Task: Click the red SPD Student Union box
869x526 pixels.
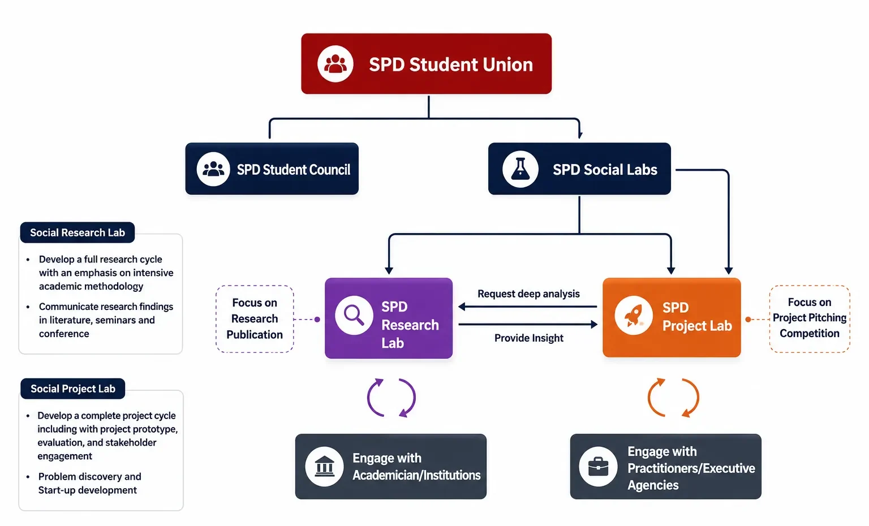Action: (x=426, y=63)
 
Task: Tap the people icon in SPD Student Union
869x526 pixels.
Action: (x=335, y=63)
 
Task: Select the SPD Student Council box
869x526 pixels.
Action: (x=272, y=169)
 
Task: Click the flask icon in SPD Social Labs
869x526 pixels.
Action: (x=520, y=169)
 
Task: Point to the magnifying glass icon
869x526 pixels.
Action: (x=354, y=315)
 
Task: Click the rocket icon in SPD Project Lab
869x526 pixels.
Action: (x=634, y=315)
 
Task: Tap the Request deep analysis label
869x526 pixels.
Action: (x=528, y=294)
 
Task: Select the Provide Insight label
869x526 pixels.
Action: (x=529, y=338)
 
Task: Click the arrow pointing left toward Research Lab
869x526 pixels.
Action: (x=528, y=307)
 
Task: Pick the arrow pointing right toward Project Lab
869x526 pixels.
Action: (x=528, y=324)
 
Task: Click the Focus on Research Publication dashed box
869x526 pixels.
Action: (x=255, y=319)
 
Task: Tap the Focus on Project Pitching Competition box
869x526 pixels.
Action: (x=810, y=319)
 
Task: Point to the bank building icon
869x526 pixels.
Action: (x=324, y=466)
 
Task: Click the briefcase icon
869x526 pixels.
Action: (x=598, y=466)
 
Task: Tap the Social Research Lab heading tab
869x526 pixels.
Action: (x=77, y=232)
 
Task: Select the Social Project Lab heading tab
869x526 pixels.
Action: (x=73, y=389)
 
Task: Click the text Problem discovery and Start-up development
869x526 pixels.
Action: (x=89, y=483)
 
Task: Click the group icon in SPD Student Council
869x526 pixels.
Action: (x=213, y=169)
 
